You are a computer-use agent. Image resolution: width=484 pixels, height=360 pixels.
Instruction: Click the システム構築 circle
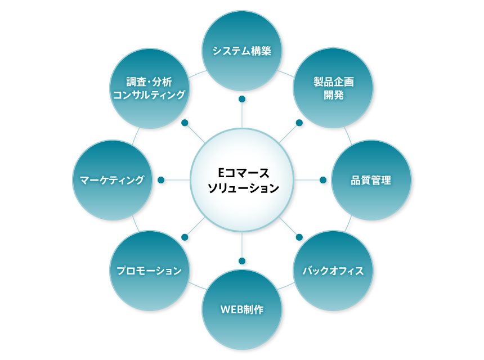tap(242, 51)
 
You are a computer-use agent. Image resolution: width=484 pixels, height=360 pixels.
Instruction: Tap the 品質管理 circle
tap(371, 181)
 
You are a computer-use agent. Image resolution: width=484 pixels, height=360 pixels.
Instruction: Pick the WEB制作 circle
tap(242, 309)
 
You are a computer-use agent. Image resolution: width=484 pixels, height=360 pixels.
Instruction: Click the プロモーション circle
tap(149, 271)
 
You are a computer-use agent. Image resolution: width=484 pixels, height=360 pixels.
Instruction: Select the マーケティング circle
tap(113, 181)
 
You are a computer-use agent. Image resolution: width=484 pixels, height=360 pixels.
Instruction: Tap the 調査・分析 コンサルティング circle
tap(149, 88)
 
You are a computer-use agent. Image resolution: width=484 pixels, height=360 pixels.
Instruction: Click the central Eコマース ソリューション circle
tap(242, 180)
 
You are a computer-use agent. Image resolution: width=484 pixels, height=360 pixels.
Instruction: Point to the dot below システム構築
tap(242, 100)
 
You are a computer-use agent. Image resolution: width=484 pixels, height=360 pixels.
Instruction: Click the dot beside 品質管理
tap(323, 180)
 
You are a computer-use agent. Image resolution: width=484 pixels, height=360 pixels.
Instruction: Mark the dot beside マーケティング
tap(161, 180)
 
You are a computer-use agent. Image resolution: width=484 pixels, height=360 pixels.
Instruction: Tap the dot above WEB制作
tap(242, 261)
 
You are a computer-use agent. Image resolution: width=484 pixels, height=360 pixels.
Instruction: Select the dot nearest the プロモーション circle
tap(185, 237)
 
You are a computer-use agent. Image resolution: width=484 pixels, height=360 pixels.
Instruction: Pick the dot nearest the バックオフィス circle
tap(299, 237)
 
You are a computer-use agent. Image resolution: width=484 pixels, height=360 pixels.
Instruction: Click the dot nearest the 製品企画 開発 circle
tap(299, 123)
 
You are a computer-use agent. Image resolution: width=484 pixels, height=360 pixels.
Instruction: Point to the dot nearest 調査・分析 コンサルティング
tap(185, 123)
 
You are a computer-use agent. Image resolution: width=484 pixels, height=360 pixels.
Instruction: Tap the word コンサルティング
tap(149, 95)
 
